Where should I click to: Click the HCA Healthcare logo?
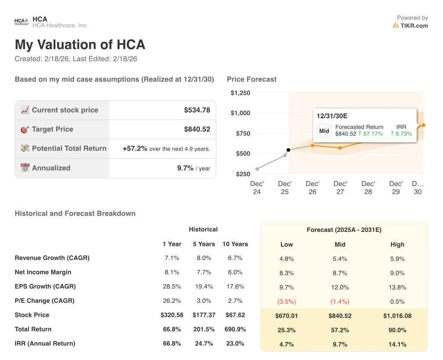(22, 22)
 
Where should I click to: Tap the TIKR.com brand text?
(414, 26)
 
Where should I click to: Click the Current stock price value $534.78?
(197, 110)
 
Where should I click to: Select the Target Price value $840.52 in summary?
(197, 129)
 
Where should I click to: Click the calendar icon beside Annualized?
(25, 168)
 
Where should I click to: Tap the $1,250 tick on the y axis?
(240, 93)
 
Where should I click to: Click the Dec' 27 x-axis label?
(340, 187)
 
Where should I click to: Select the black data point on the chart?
(289, 150)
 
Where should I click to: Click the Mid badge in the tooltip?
(324, 131)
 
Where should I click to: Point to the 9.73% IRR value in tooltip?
(401, 134)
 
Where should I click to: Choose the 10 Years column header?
(235, 244)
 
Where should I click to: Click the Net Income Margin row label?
(43, 272)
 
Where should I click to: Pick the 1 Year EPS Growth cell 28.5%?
(172, 286)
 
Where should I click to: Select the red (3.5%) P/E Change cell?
(286, 302)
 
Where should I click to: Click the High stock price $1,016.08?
(397, 316)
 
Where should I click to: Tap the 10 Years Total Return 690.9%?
(235, 329)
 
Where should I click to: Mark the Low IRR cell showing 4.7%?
(286, 344)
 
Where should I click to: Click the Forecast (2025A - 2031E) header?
(344, 230)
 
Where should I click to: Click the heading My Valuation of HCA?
(80, 45)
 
